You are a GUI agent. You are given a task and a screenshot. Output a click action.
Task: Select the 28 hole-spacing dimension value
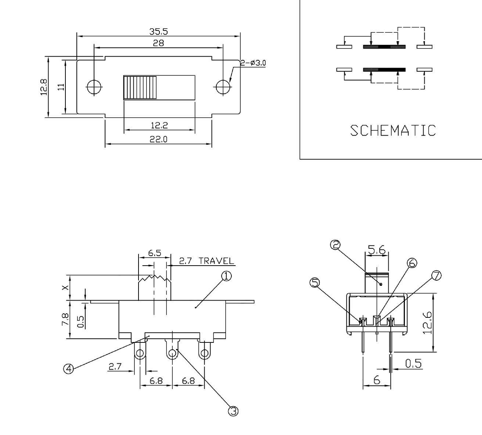click(159, 43)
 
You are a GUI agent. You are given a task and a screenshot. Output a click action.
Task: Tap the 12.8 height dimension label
click(44, 87)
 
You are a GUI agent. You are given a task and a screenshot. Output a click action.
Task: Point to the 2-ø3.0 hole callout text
click(253, 63)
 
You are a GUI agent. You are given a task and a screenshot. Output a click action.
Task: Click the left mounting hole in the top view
click(94, 87)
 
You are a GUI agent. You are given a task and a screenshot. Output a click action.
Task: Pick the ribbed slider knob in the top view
click(140, 87)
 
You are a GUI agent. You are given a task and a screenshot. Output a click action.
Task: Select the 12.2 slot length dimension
click(159, 125)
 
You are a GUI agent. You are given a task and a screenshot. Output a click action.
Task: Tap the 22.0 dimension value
click(158, 139)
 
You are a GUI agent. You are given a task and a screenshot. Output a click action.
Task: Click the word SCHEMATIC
click(393, 130)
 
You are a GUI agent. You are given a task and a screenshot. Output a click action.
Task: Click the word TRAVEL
click(216, 261)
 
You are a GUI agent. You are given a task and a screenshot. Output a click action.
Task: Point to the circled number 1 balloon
click(226, 276)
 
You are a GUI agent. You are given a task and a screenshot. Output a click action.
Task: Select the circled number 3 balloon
click(233, 411)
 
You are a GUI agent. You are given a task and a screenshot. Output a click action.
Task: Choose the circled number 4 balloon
click(68, 369)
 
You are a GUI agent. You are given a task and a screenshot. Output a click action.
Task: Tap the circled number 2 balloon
click(335, 245)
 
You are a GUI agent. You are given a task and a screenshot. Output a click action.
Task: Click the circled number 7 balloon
click(436, 276)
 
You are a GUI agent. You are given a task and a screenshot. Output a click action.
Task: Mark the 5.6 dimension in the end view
click(377, 250)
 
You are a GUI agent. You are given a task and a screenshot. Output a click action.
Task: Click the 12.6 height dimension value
click(427, 322)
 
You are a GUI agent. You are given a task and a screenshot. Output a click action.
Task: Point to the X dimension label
click(65, 288)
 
